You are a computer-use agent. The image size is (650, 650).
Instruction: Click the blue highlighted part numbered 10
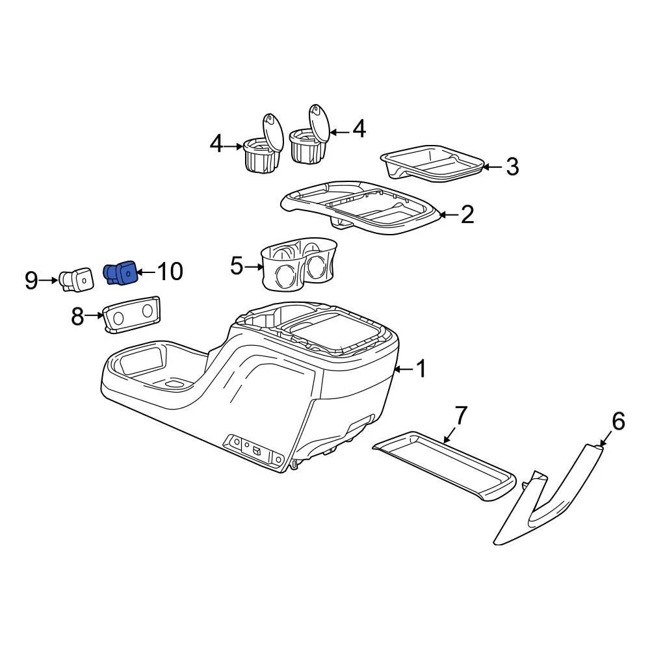pos(121,274)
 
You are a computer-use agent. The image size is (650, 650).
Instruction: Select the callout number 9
pos(31,281)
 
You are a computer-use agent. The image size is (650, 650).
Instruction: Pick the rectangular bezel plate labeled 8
pos(131,315)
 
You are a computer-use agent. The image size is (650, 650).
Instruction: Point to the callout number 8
pos(78,317)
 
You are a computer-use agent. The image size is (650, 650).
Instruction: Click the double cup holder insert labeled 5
pos(299,265)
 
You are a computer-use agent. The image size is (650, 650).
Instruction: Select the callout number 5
pos(237,265)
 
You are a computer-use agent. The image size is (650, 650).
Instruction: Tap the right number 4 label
pos(359,129)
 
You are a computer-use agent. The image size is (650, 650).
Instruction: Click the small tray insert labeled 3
pos(432,163)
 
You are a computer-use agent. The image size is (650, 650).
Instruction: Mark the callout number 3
pos(512,166)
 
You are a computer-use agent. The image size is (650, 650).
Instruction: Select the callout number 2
pos(467,214)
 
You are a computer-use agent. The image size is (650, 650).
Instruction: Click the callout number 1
pos(421,369)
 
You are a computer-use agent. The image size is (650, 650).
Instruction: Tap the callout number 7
pos(460,415)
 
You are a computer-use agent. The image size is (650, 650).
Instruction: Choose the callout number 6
pos(617,421)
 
